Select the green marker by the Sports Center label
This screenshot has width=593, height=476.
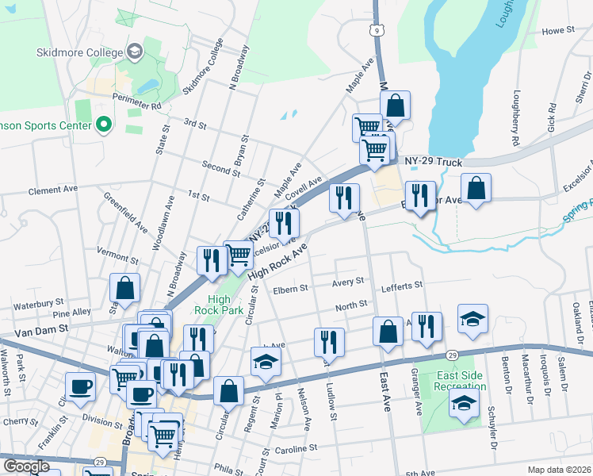102,125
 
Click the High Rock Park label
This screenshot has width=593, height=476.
225,305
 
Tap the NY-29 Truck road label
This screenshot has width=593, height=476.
433,163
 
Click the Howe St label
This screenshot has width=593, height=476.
558,31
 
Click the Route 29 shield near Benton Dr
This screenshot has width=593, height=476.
450,355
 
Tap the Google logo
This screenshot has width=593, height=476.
27,466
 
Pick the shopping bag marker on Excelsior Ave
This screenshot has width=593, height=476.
476,189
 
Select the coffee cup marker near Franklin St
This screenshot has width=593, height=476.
80,386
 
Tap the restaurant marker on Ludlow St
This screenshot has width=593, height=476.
329,341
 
